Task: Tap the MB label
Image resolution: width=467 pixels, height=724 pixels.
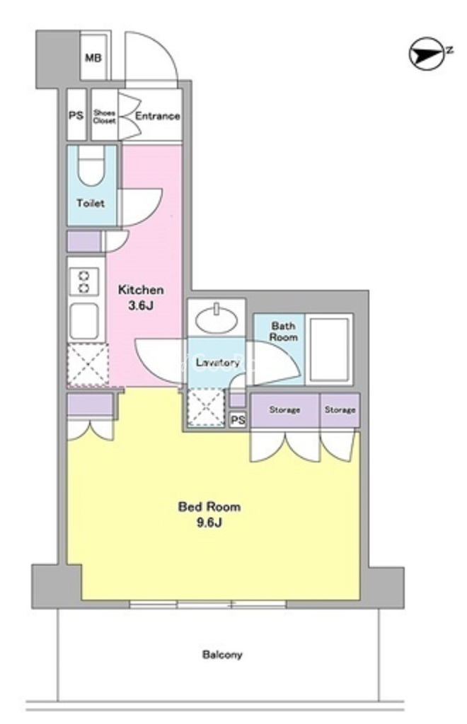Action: (x=93, y=58)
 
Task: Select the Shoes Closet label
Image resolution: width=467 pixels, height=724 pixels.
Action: (x=105, y=117)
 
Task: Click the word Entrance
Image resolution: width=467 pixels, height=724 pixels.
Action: (x=157, y=116)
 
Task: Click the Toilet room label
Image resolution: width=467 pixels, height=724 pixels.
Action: (x=91, y=203)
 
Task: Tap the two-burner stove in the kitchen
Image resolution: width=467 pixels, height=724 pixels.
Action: (x=83, y=282)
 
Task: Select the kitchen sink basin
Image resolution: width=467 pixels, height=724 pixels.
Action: (x=83, y=322)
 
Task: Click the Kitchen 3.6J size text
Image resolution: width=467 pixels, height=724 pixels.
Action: (x=141, y=298)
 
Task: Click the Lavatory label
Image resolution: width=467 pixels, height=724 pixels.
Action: (x=217, y=363)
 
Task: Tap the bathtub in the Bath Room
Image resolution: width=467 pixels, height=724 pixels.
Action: (x=328, y=349)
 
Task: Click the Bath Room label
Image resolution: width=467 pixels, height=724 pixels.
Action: (x=283, y=332)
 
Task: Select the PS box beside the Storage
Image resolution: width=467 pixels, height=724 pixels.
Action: (x=238, y=420)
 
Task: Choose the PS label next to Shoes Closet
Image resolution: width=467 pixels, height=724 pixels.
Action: (x=76, y=115)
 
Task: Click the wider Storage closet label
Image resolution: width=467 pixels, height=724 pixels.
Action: (x=284, y=409)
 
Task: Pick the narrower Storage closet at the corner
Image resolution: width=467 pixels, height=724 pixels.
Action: (x=340, y=410)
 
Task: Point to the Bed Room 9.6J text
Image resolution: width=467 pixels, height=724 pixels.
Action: (x=209, y=515)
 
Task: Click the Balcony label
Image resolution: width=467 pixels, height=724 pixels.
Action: (x=222, y=654)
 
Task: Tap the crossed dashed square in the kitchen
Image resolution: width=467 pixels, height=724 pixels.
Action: (x=88, y=366)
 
